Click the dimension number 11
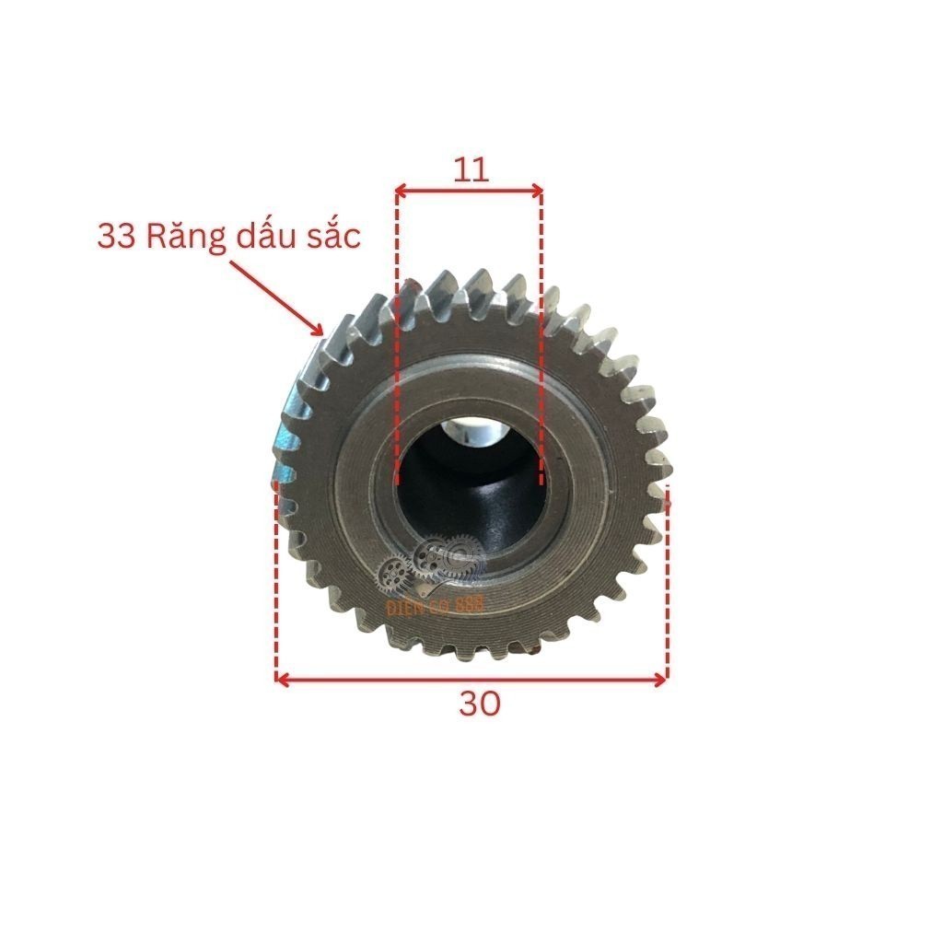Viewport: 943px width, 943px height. pyautogui.click(x=470, y=169)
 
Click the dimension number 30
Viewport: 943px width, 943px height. pyautogui.click(x=480, y=704)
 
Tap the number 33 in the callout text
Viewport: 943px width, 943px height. pyautogui.click(x=116, y=236)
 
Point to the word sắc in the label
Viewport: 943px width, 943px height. pyautogui.click(x=333, y=237)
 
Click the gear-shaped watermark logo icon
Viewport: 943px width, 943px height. pyautogui.click(x=433, y=564)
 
